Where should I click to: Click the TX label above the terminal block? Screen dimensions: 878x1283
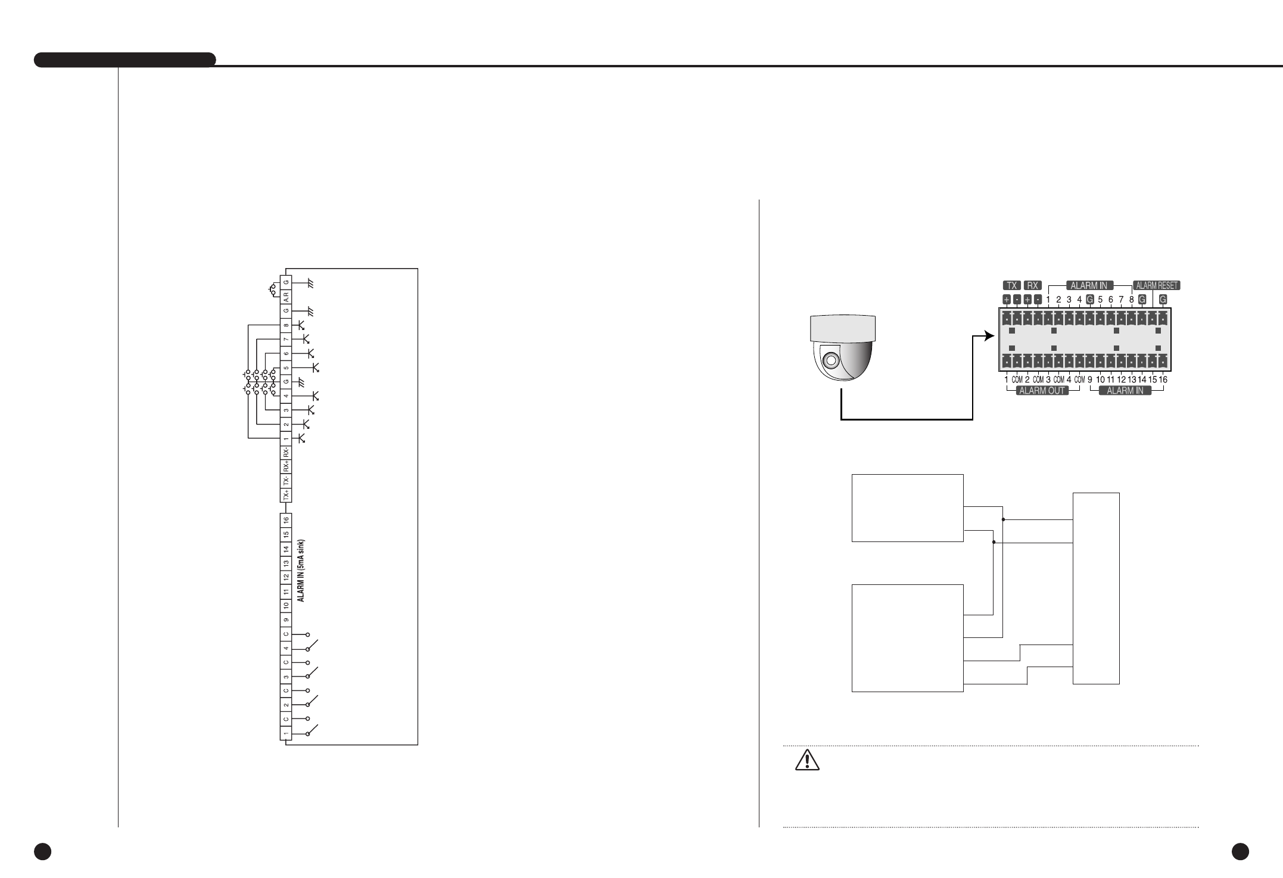[1011, 285]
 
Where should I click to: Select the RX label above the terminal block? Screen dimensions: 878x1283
[1033, 285]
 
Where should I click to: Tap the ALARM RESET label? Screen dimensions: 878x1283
[1156, 285]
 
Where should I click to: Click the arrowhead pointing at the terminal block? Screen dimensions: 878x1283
[989, 336]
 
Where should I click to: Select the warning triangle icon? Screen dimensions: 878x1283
[807, 761]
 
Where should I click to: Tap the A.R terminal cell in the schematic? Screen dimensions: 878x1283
[286, 296]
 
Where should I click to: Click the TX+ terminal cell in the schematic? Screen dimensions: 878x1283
[286, 496]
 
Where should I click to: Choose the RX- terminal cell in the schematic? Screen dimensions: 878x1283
[286, 452]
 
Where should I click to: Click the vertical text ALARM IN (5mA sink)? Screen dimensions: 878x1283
[301, 571]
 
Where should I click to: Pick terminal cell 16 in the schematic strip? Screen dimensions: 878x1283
[286, 520]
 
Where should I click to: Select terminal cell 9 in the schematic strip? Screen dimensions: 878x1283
[286, 619]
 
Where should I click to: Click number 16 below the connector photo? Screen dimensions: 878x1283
[1163, 379]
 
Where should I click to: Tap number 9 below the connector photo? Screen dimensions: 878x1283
[1089, 379]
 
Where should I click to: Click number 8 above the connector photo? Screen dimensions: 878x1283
[1131, 300]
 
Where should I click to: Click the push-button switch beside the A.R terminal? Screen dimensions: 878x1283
[273, 290]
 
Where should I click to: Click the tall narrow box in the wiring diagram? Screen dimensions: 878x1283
[1096, 589]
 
